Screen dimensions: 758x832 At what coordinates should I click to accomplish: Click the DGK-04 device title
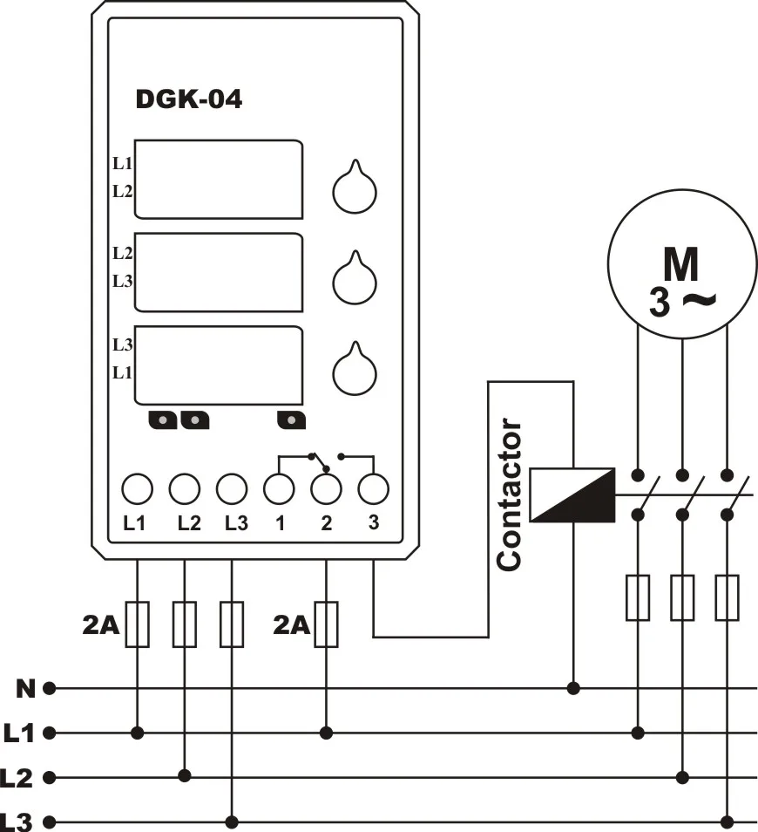(x=189, y=99)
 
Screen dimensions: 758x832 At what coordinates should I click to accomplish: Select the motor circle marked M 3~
(x=683, y=263)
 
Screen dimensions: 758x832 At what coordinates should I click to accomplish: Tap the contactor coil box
(x=572, y=495)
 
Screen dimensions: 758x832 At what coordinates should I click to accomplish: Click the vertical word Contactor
(x=510, y=494)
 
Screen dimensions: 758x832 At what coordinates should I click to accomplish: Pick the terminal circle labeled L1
(x=138, y=488)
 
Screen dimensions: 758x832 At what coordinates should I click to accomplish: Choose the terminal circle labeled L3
(x=232, y=488)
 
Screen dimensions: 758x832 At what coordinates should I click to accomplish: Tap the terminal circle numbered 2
(x=326, y=488)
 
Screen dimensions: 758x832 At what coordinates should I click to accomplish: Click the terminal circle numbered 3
(x=373, y=488)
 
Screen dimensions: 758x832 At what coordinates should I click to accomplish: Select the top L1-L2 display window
(x=219, y=180)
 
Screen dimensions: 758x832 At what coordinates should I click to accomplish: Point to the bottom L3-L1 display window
(x=219, y=365)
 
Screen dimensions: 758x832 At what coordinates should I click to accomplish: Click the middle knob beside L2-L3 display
(x=355, y=277)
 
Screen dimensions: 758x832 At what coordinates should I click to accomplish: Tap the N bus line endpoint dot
(x=50, y=689)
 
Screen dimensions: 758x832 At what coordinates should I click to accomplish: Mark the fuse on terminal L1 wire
(x=138, y=624)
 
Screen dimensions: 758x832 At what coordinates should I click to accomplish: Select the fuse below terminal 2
(x=326, y=624)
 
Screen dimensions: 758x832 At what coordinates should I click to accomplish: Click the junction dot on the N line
(x=573, y=689)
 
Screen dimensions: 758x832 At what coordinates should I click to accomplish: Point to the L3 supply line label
(x=17, y=822)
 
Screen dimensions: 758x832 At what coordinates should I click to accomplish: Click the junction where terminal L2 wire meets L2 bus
(x=185, y=776)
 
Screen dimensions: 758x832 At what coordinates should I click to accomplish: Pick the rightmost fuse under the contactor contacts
(x=728, y=597)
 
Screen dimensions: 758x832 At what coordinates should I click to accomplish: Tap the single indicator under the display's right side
(x=291, y=420)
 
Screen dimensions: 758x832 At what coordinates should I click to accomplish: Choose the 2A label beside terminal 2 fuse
(x=291, y=625)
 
